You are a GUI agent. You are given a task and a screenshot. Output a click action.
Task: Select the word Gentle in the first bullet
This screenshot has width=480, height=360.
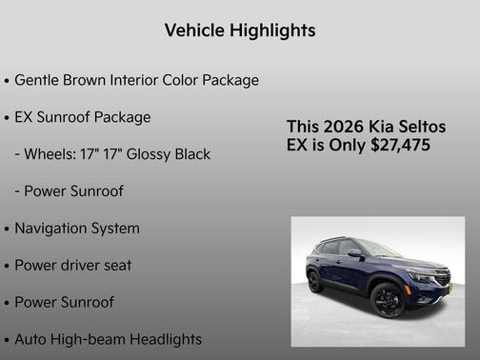pos(38,80)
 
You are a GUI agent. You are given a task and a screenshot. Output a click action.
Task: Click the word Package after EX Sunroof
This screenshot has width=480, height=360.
pos(122,117)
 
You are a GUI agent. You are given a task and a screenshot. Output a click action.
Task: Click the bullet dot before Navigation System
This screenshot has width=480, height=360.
pos(8,230)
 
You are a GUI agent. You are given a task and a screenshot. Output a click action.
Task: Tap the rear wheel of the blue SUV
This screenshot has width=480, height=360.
pos(315,281)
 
